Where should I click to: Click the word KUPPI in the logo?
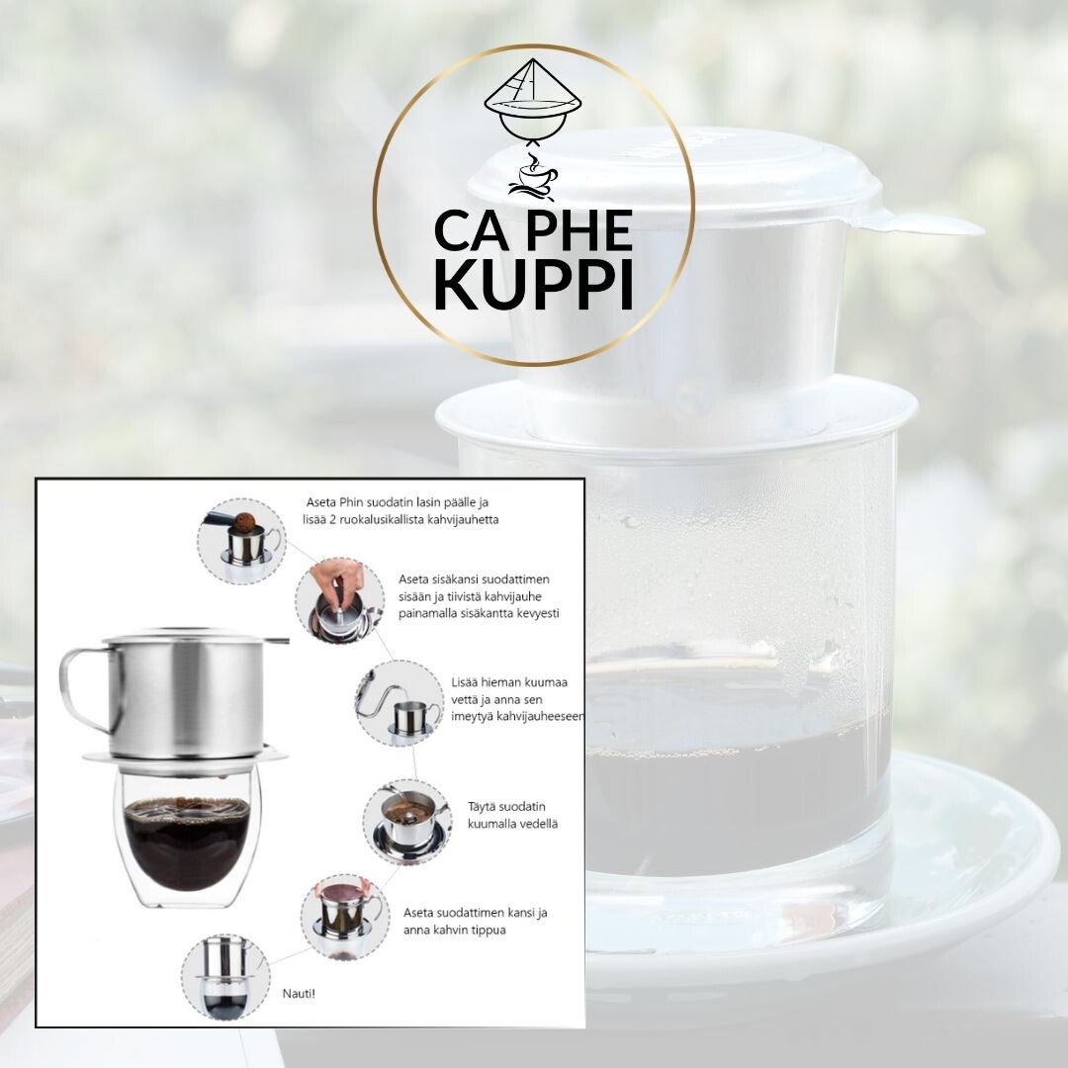[533, 284]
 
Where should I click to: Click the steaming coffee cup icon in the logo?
[534, 178]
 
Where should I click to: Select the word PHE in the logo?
[579, 230]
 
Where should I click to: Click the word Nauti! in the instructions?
[299, 994]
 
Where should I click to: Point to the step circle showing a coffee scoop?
[242, 542]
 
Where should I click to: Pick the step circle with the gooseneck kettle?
[400, 702]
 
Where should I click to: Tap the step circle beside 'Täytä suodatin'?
[406, 822]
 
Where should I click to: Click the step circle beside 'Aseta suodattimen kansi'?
[345, 918]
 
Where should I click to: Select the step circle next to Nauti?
[224, 977]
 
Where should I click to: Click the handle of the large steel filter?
[85, 689]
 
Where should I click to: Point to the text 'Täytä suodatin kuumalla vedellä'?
[513, 815]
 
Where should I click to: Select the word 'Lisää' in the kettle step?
[465, 681]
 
